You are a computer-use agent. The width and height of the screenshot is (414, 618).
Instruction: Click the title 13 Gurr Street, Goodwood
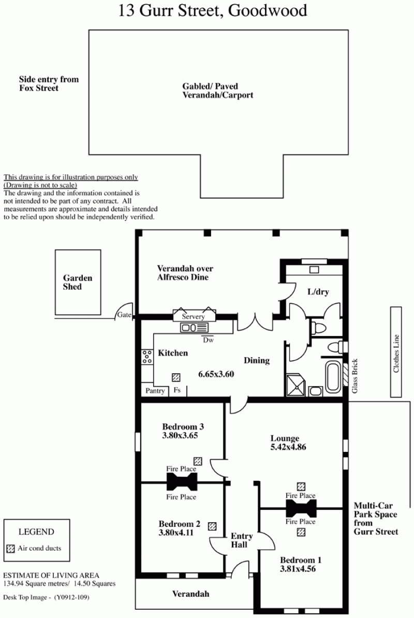(213, 11)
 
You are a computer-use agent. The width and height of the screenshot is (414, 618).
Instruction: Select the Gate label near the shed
(124, 315)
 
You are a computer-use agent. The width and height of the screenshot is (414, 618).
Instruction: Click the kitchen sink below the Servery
(194, 328)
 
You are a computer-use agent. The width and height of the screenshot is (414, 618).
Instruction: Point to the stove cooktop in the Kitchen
(147, 356)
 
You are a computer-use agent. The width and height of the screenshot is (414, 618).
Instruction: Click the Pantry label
(155, 391)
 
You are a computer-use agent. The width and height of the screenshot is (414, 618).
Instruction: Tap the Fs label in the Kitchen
(178, 390)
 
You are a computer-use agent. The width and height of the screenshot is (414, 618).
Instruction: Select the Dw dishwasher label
(208, 340)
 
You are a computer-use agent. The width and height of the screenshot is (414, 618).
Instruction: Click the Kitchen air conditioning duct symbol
(176, 377)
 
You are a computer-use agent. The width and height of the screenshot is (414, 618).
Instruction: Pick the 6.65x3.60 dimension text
(216, 374)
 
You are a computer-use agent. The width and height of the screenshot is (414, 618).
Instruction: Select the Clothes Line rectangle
(396, 352)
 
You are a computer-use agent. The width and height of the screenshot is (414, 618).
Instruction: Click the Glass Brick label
(354, 376)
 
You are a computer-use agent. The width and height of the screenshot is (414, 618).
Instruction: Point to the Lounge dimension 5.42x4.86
(288, 447)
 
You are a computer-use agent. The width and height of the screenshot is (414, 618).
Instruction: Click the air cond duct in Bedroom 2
(212, 526)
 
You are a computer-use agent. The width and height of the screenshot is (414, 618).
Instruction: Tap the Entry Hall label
(242, 540)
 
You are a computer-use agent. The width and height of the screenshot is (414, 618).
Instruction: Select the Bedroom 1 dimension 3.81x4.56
(298, 569)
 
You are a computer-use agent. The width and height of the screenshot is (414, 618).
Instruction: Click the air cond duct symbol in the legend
(11, 548)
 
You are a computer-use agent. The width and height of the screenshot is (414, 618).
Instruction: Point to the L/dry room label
(318, 292)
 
